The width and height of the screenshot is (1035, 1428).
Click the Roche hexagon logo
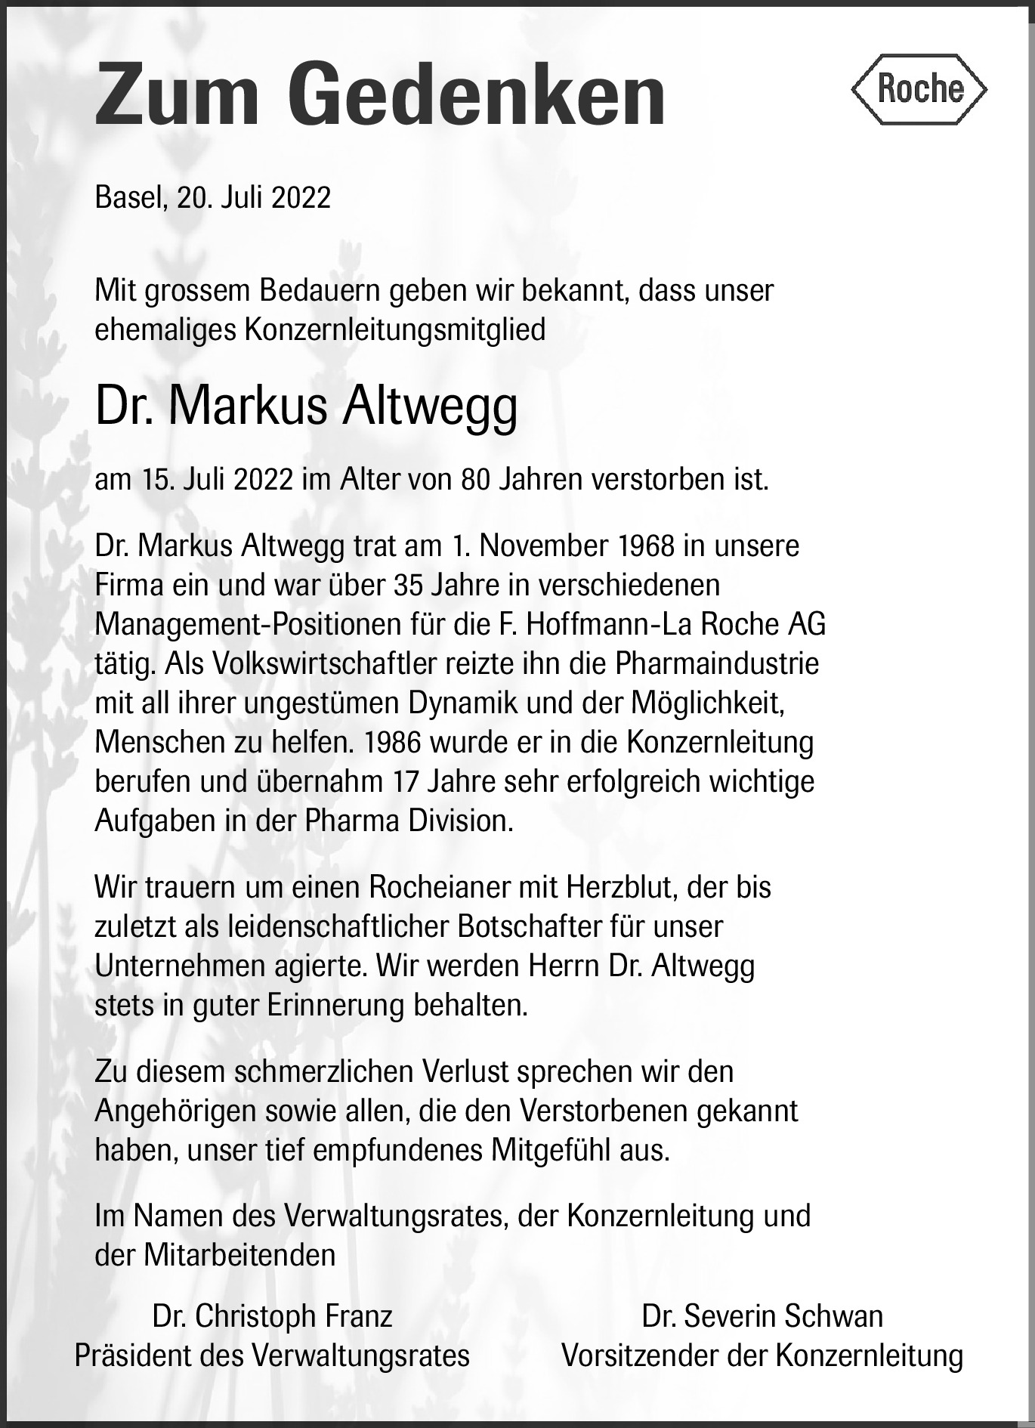919,89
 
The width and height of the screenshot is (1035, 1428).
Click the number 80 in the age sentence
475,480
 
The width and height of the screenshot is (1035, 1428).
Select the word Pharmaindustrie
717,663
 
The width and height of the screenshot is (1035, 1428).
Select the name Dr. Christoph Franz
272,1316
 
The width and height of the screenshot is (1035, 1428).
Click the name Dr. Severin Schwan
762,1316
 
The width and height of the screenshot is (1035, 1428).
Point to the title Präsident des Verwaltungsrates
272,1355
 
